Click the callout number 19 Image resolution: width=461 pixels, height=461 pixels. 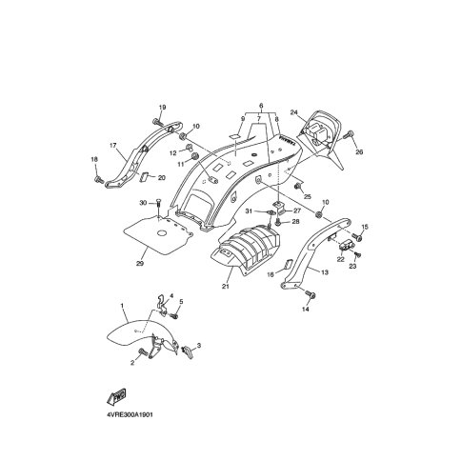[x=162, y=108]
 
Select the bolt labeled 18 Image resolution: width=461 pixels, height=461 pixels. [x=98, y=180]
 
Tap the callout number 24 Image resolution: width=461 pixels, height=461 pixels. [x=294, y=112]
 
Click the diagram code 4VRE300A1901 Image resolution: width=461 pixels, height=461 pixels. [x=128, y=415]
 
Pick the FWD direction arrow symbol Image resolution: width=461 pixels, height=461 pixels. [x=116, y=396]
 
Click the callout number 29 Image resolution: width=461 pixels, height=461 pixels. [x=140, y=263]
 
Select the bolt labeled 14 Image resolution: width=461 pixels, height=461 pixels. [x=310, y=294]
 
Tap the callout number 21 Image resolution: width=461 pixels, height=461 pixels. [x=225, y=286]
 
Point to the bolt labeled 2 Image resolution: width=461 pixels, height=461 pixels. [x=143, y=351]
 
